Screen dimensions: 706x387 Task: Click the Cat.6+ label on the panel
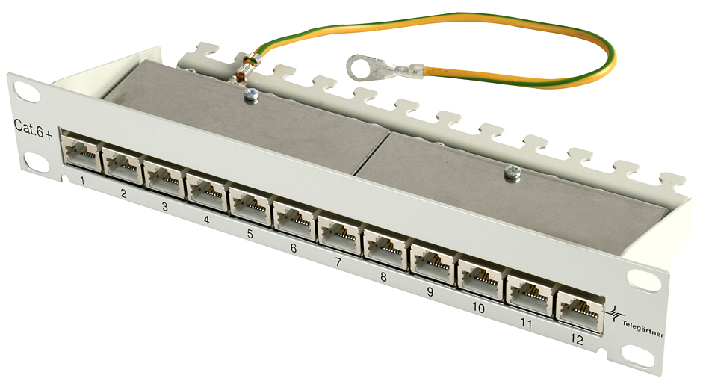point(34,129)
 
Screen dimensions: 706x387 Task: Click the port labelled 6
point(294,220)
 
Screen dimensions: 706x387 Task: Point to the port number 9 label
point(430,292)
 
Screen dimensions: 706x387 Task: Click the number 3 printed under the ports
point(165,207)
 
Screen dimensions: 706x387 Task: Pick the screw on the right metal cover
point(512,173)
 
